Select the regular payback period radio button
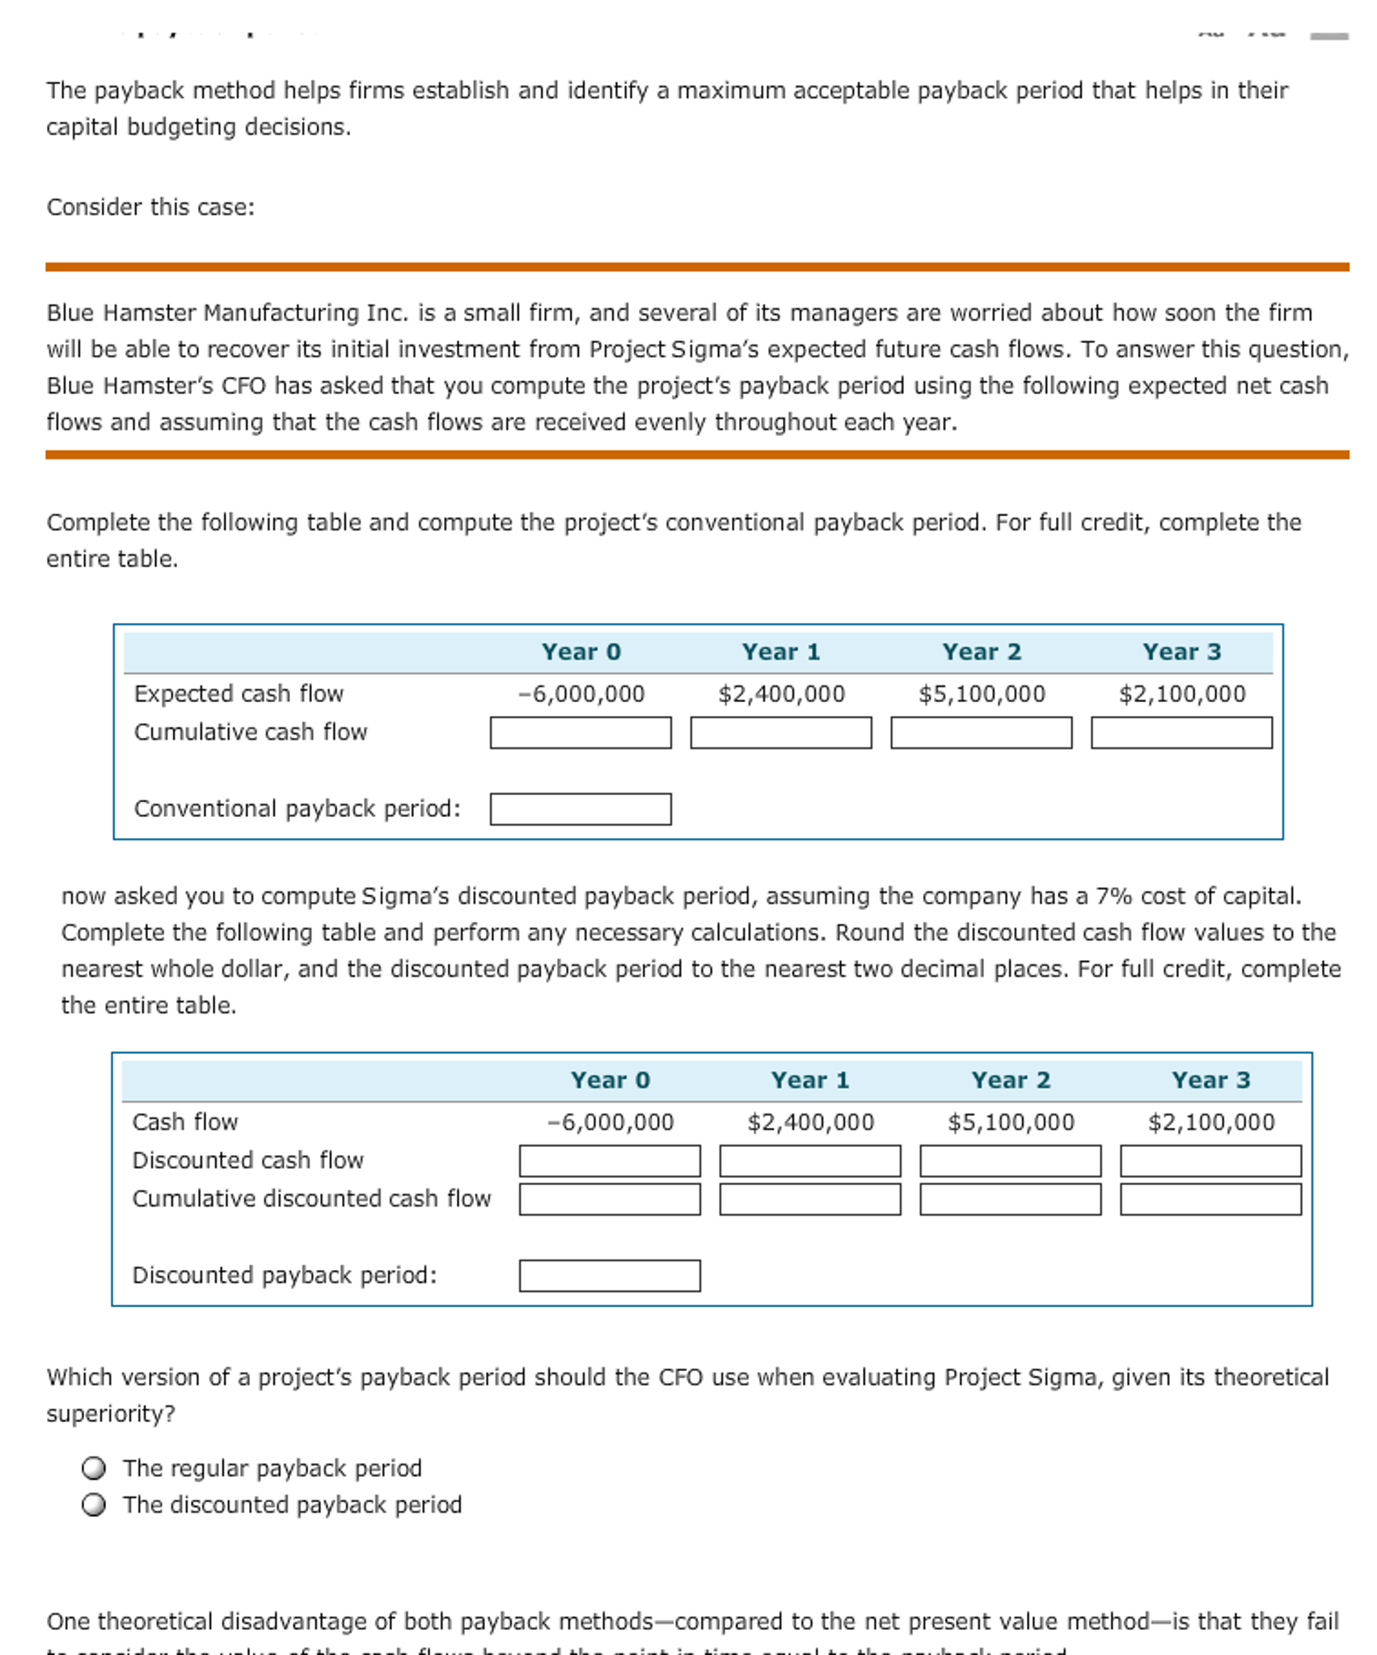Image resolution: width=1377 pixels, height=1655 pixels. pyautogui.click(x=94, y=1467)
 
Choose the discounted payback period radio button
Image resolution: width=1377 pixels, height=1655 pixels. pyautogui.click(x=94, y=1505)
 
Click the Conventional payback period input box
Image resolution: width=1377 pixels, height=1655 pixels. pyautogui.click(x=580, y=809)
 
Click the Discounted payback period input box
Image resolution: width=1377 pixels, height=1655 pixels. pyautogui.click(x=609, y=1276)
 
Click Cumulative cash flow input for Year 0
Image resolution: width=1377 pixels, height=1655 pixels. pyautogui.click(x=580, y=733)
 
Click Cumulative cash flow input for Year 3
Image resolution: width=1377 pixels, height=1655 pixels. pyautogui.click(x=1181, y=733)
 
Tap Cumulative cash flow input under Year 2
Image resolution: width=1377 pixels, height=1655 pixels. pyautogui.click(x=981, y=733)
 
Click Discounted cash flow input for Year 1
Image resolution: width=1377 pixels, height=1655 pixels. pyautogui.click(x=809, y=1161)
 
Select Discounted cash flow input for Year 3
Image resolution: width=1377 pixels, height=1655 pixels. pyautogui.click(x=1210, y=1161)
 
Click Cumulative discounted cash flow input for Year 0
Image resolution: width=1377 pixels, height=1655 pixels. pyautogui.click(x=609, y=1200)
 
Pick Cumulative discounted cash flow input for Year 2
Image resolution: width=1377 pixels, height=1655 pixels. pyautogui.click(x=1010, y=1200)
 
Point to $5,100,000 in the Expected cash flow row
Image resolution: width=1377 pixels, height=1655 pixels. pyautogui.click(x=981, y=694)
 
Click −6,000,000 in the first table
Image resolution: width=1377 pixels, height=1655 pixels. pyautogui.click(x=581, y=694)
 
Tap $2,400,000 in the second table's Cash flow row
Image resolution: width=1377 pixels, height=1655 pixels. pyautogui.click(x=810, y=1122)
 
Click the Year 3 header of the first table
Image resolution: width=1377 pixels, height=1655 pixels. pyautogui.click(x=1181, y=652)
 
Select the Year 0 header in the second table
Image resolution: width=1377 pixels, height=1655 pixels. pyautogui.click(x=610, y=1080)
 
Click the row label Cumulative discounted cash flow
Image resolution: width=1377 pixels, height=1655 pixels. pyautogui.click(x=311, y=1199)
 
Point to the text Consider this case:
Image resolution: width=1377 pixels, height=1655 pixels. pyautogui.click(x=150, y=208)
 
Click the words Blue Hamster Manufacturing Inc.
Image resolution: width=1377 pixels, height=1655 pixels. pyautogui.click(x=227, y=313)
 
